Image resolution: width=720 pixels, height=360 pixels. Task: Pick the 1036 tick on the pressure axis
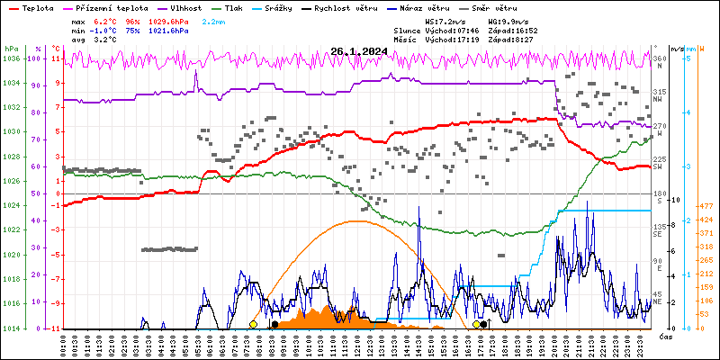pyautogui.click(x=11, y=58)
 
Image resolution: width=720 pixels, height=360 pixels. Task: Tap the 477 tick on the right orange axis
pyautogui.click(x=706, y=207)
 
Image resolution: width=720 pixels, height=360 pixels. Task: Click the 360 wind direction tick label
pyautogui.click(x=660, y=58)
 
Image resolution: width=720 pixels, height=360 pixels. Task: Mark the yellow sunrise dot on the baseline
pyautogui.click(x=253, y=324)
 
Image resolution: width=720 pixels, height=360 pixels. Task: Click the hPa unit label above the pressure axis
pyautogui.click(x=11, y=48)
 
